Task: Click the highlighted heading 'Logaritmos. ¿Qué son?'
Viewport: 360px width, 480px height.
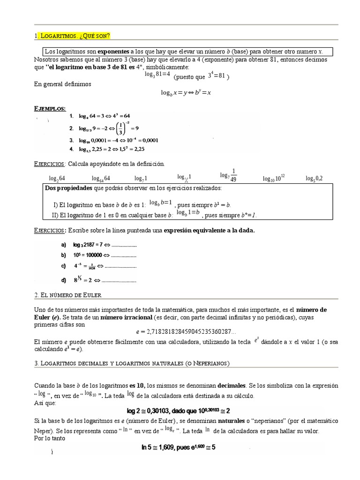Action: coord(75,36)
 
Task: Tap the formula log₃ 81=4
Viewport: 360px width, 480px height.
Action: coord(157,75)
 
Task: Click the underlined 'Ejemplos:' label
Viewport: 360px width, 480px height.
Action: coord(50,108)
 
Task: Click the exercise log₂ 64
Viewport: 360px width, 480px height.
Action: coord(57,179)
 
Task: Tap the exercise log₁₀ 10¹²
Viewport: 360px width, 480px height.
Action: coord(274,178)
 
